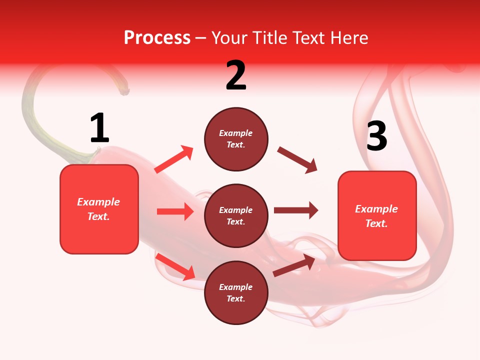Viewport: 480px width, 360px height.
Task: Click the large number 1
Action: (x=99, y=128)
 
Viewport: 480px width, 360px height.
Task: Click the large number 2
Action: (x=236, y=75)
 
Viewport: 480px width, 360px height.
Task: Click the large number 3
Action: (x=376, y=136)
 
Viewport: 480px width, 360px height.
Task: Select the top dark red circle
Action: (x=236, y=139)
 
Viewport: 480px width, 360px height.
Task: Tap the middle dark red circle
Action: (x=236, y=215)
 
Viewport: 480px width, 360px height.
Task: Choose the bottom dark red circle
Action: (x=236, y=292)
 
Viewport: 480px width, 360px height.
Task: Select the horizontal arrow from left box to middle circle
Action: (x=175, y=211)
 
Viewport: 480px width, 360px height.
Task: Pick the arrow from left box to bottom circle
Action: (x=175, y=266)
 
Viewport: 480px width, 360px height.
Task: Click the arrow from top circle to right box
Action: (x=297, y=159)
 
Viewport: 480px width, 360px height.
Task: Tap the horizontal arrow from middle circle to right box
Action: (x=295, y=210)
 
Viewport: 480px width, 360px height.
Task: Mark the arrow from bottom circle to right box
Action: (x=294, y=265)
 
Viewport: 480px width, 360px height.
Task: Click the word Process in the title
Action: (x=157, y=37)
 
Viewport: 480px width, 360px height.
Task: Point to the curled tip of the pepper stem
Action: (x=123, y=90)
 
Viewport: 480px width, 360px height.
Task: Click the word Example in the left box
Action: (x=98, y=202)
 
